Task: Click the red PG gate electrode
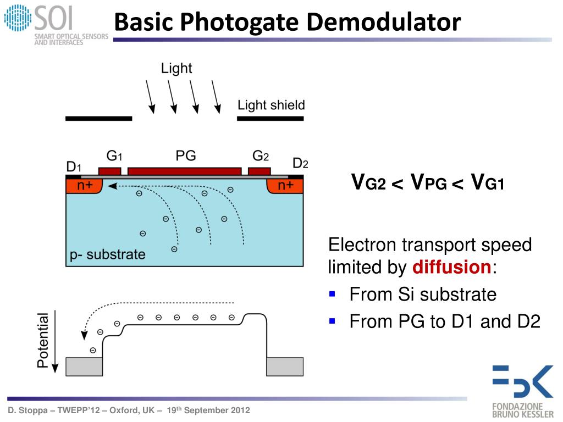click(184, 171)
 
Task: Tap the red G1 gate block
click(109, 171)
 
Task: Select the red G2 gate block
click(259, 171)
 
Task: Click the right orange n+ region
click(285, 186)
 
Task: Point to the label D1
click(74, 166)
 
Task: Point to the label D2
click(300, 163)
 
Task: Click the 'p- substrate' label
click(108, 255)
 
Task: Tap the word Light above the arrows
click(176, 68)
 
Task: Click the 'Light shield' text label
click(271, 105)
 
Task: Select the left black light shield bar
click(98, 118)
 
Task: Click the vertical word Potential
click(43, 340)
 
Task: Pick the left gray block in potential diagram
click(84, 367)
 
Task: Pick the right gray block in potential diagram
click(285, 367)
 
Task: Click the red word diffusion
click(451, 268)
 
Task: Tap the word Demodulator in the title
click(384, 23)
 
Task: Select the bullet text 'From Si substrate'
click(423, 295)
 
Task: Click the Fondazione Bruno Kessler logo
click(523, 390)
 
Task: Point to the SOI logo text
click(52, 19)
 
